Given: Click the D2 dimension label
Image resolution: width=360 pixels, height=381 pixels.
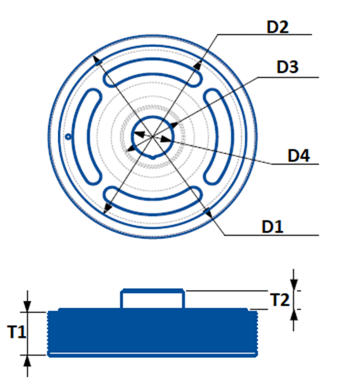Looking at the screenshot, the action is pos(277,27).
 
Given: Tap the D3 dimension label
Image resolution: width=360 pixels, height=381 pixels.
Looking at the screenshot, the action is pos(287,67).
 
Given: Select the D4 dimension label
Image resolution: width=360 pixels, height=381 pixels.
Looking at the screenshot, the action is pos(299,155).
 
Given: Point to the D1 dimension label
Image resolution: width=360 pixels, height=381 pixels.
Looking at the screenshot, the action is pos(272,227).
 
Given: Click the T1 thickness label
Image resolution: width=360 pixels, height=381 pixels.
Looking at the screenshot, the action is pos(17,331).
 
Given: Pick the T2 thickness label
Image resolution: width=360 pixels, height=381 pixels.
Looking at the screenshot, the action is pos(280,299).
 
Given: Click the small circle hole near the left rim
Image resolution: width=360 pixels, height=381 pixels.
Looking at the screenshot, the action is pos(69,137).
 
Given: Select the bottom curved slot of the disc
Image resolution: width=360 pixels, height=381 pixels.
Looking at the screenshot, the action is pos(153,208).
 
